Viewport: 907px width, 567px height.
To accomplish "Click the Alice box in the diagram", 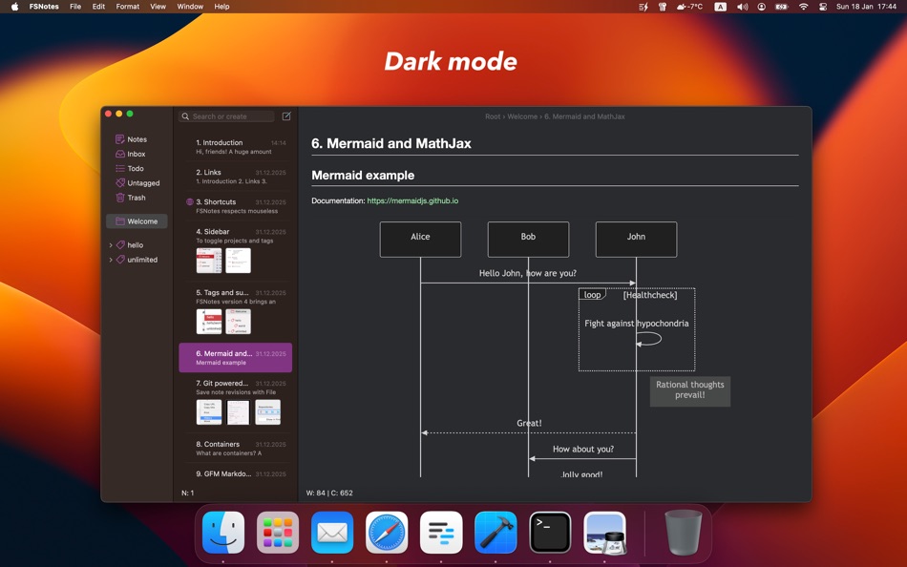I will click(x=420, y=239).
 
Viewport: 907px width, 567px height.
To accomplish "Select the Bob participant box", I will click(x=528, y=239).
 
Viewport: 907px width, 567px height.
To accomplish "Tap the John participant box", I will click(x=636, y=239).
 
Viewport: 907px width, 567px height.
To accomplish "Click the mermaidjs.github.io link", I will click(x=412, y=200).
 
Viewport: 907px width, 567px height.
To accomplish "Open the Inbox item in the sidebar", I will click(x=136, y=154).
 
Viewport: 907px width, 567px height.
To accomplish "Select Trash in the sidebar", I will click(x=136, y=198).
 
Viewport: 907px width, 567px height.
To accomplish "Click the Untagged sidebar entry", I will click(x=142, y=183).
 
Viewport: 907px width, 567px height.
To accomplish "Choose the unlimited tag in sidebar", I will click(x=141, y=260).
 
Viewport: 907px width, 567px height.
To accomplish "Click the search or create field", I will click(x=229, y=116).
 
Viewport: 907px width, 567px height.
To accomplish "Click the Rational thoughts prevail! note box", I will click(x=689, y=390).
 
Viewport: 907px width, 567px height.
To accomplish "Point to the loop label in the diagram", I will click(x=592, y=295).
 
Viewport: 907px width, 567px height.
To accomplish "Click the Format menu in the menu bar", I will click(x=127, y=7).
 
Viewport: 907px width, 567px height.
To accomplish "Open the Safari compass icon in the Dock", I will click(x=387, y=533).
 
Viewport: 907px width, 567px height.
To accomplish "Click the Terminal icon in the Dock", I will click(x=551, y=533).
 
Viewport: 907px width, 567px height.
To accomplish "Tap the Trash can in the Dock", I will click(x=683, y=533).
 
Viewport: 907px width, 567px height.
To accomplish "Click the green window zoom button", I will click(x=130, y=114).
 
